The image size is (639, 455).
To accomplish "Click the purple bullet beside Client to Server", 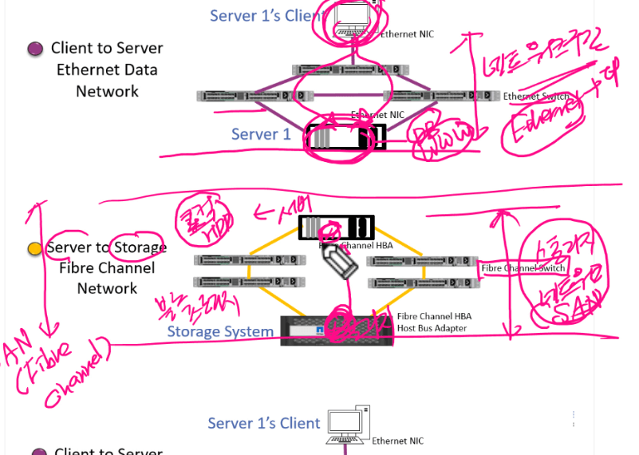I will (34, 49).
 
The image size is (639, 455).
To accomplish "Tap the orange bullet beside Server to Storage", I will (34, 249).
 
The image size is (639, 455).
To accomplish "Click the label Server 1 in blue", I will (261, 134).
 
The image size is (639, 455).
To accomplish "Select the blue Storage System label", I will (220, 331).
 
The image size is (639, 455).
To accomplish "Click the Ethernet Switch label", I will (536, 97).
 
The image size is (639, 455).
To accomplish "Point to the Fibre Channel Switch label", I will (523, 268).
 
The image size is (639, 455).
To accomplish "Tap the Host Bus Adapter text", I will (432, 328).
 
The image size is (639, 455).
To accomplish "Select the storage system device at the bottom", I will (337, 330).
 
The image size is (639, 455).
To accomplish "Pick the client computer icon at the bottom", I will (349, 425).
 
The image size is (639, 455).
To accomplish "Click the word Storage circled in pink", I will (140, 247).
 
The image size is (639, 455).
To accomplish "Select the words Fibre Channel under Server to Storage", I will (107, 268).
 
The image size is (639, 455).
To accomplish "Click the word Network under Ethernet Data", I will (107, 91).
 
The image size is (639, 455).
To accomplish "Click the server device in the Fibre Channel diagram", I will (336, 227).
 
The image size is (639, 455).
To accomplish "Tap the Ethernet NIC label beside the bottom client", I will (397, 441).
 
